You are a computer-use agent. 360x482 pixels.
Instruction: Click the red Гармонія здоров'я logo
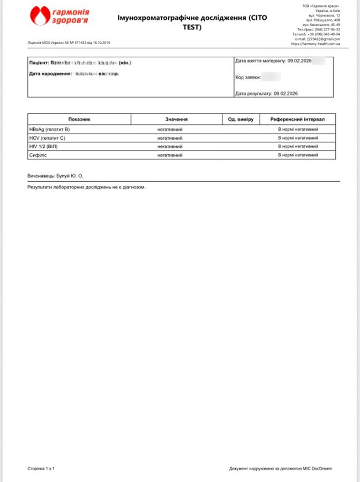click(60, 16)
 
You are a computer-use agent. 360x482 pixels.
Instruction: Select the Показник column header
click(79, 119)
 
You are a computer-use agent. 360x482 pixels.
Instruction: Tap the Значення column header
click(176, 119)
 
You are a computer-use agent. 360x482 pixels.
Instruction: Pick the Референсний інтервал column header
click(297, 119)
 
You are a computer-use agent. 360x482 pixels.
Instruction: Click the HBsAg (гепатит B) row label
click(50, 129)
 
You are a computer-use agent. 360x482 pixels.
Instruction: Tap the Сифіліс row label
click(39, 155)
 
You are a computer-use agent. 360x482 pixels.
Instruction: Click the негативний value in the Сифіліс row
click(170, 155)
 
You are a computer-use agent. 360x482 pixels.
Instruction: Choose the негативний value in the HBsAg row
click(170, 129)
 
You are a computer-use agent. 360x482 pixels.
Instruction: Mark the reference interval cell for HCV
click(298, 138)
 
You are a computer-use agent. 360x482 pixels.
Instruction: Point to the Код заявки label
click(248, 78)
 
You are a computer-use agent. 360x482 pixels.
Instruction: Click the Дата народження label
click(50, 73)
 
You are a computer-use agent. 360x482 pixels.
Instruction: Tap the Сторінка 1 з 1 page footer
click(41, 469)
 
